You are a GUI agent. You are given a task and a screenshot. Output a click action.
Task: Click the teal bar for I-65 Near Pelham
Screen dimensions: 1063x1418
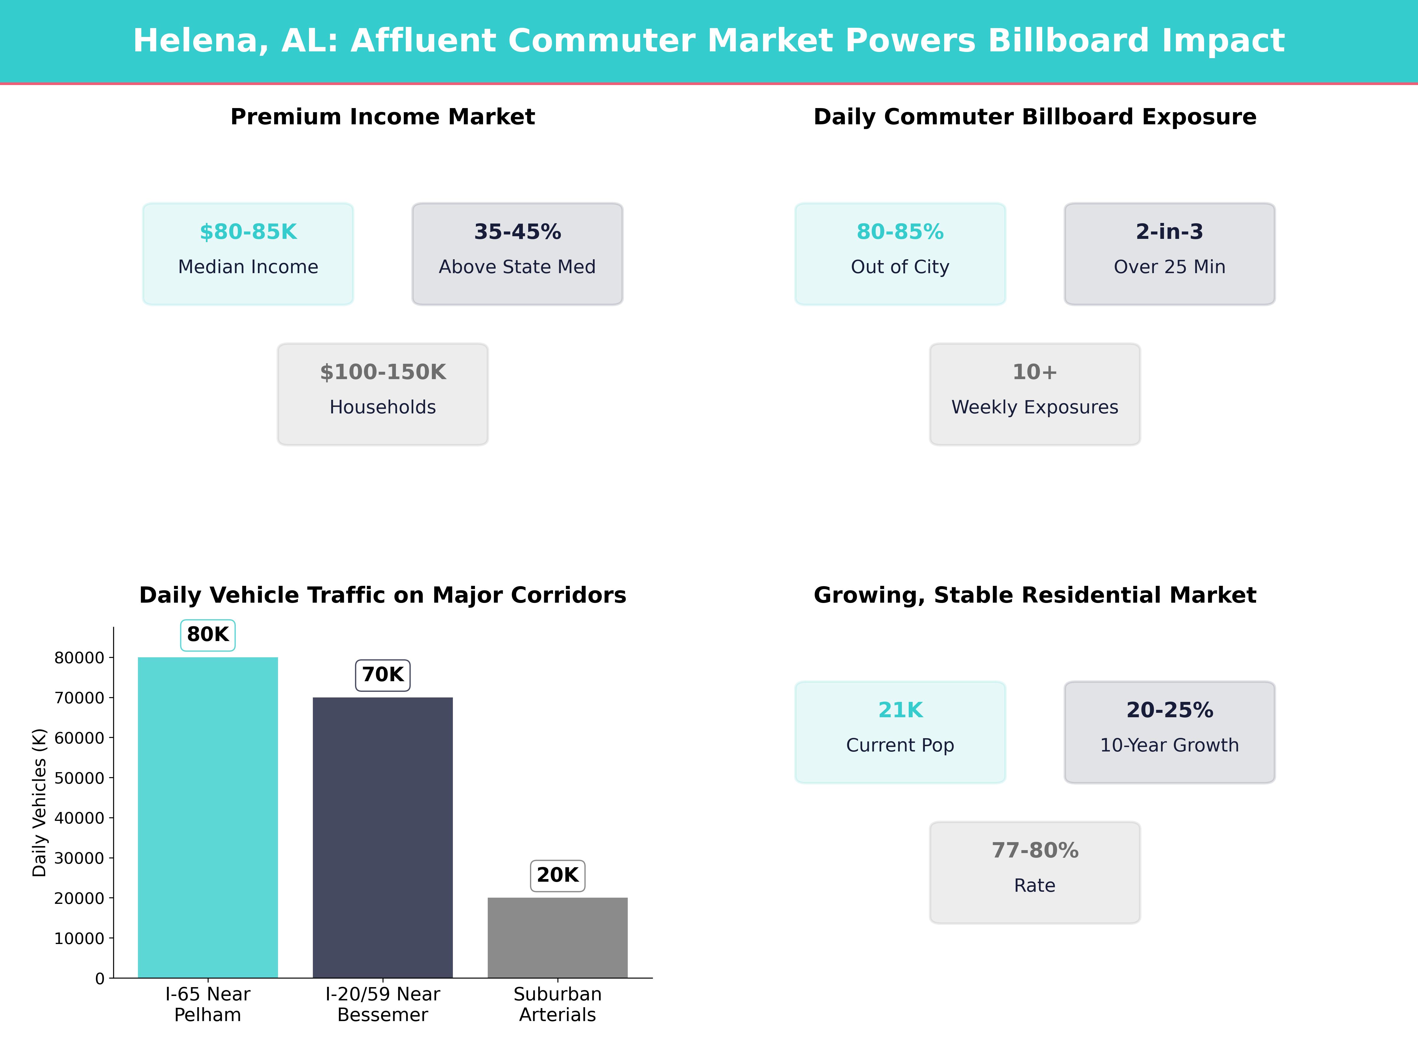point(208,817)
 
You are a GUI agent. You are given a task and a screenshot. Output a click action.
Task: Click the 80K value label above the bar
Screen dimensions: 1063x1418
point(208,634)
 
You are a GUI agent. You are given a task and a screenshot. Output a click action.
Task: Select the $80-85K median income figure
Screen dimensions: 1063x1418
point(248,232)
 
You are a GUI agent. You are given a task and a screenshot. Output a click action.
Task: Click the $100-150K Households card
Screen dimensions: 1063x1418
point(383,394)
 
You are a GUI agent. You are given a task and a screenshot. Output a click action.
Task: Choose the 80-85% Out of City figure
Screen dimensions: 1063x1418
point(900,232)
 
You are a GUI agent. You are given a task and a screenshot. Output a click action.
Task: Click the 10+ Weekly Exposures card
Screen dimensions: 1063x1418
point(1035,394)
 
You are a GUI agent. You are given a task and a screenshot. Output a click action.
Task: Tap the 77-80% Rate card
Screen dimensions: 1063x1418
point(1035,872)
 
